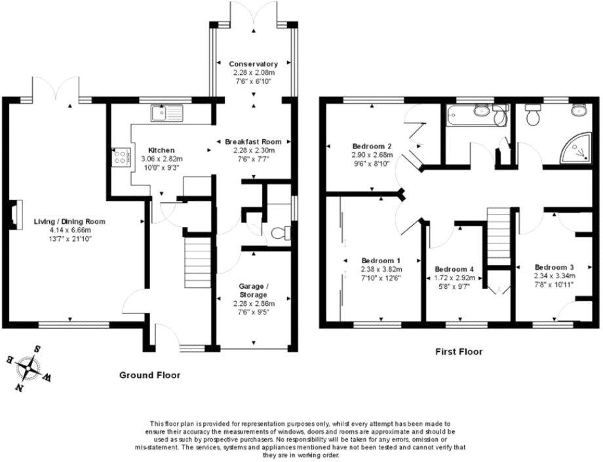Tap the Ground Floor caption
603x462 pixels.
(x=149, y=375)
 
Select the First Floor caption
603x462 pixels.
(x=459, y=352)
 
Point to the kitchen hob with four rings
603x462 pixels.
(x=121, y=156)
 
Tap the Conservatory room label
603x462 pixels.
(x=253, y=64)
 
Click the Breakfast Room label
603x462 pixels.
(x=253, y=142)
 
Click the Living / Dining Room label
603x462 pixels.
(x=69, y=221)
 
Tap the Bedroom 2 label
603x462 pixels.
(x=372, y=146)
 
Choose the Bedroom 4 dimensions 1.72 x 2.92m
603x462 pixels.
(x=454, y=278)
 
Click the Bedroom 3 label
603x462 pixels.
(x=554, y=267)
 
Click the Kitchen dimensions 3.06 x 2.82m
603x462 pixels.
(x=161, y=159)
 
